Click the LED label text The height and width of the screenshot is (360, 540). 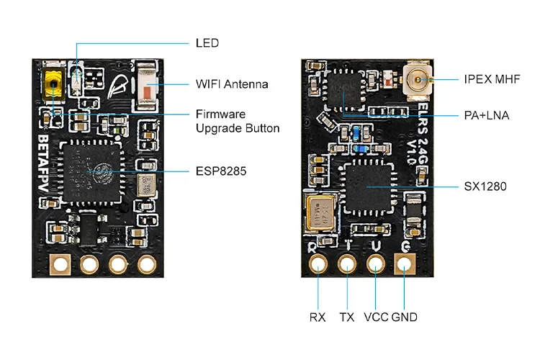point(207,42)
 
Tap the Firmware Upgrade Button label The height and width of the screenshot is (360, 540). point(238,121)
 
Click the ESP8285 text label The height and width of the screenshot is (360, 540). point(218,172)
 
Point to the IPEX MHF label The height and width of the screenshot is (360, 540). point(491,78)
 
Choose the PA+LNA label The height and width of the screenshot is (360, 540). point(487,114)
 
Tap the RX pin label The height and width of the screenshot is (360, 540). point(318,317)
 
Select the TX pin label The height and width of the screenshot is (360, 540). point(347,317)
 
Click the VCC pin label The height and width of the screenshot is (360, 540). point(377,317)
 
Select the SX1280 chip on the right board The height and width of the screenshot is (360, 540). point(367,187)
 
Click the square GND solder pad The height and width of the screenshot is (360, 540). point(404,265)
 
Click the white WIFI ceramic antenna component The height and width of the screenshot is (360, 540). point(147,84)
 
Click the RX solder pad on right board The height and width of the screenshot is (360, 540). point(318,265)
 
